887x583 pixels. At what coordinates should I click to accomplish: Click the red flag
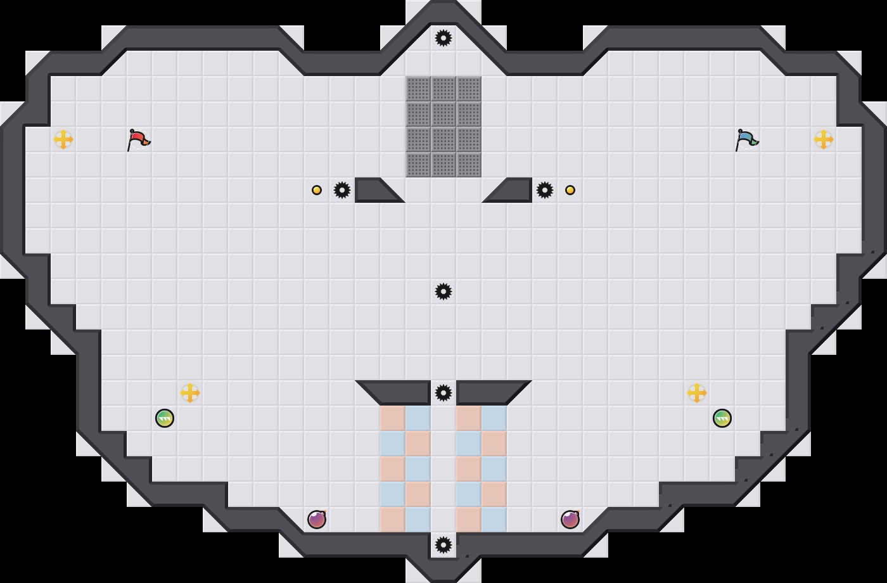(138, 139)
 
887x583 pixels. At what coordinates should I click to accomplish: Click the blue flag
(746, 139)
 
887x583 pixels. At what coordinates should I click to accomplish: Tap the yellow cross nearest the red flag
(63, 139)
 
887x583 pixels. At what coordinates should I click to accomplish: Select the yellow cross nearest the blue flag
(824, 139)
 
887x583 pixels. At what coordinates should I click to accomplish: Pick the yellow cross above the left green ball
(190, 393)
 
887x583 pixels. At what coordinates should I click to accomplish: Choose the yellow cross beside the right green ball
(697, 393)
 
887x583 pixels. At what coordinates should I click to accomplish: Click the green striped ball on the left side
(165, 418)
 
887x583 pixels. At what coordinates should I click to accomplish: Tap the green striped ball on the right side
(722, 418)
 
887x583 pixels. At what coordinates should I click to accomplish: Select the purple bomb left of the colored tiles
(317, 520)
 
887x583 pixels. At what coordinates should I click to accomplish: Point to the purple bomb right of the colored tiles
(570, 520)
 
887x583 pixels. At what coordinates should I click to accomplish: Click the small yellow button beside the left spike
(317, 190)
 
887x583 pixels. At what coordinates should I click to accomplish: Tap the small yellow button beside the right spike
(570, 190)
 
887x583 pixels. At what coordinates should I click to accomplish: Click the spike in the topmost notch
(443, 38)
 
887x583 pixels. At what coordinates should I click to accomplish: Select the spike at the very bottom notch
(443, 545)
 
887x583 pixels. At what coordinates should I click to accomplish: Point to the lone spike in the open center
(443, 291)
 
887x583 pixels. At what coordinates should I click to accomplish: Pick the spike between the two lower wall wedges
(443, 393)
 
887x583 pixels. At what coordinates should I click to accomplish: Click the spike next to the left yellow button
(342, 190)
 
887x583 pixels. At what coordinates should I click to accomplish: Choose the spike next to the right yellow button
(545, 190)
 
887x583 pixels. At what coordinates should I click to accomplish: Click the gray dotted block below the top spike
(443, 127)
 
